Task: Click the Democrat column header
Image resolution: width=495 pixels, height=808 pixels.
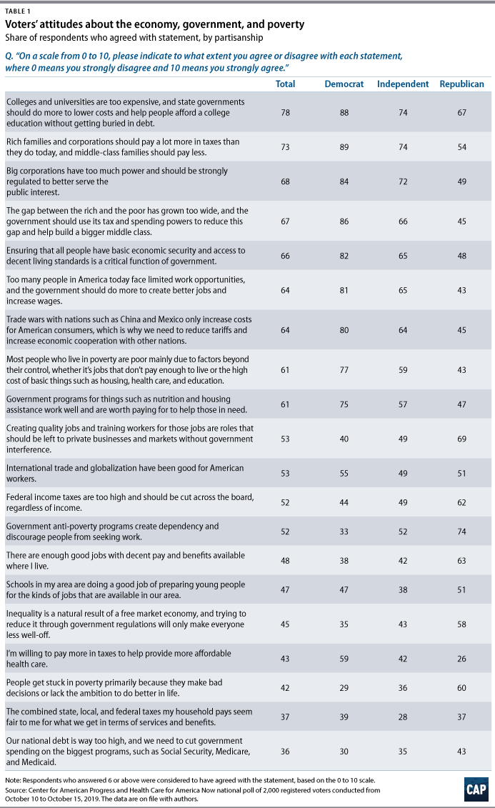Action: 344,84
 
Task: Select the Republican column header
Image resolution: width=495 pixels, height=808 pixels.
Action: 461,84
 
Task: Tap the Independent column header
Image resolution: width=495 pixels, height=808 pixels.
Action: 403,84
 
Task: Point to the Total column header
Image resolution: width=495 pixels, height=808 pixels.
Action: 285,84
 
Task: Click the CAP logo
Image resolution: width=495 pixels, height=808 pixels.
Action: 476,789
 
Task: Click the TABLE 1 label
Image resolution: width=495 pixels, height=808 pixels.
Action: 17,11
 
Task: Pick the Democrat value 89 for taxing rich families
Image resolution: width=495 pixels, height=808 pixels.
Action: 344,147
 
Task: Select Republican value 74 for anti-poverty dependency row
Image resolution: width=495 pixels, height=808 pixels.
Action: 462,532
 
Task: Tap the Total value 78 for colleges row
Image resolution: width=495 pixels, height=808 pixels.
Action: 286,113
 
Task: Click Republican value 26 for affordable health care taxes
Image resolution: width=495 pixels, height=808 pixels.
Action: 462,659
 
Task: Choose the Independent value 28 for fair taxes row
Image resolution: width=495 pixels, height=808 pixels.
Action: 403,717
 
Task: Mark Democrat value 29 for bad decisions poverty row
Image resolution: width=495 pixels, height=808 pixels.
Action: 344,688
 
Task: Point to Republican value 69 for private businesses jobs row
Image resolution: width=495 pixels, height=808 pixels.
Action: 462,439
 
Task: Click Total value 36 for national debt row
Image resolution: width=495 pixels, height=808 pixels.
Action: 286,752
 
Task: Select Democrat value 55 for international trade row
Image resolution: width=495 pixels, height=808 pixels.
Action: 344,474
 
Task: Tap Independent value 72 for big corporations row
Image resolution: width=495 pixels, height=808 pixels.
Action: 403,182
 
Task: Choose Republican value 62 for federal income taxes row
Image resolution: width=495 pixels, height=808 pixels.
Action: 462,503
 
